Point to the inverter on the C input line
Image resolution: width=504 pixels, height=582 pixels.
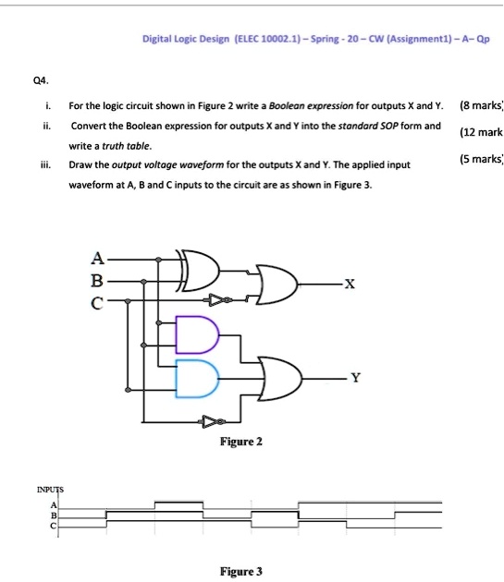point(218,300)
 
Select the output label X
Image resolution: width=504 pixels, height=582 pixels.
point(349,285)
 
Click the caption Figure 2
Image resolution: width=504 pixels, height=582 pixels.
point(241,442)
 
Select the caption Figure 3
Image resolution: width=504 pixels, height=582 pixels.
point(240,572)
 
